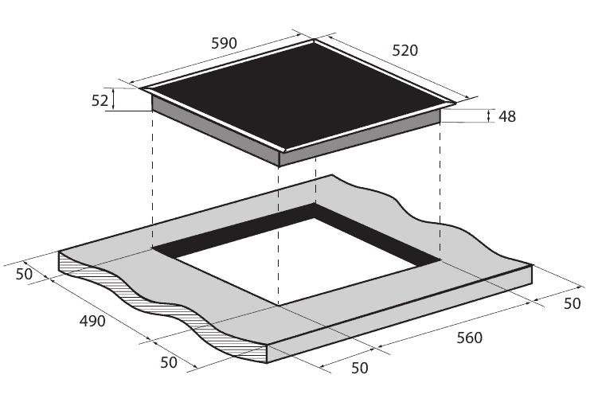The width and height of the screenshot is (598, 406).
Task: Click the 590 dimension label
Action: click(224, 44)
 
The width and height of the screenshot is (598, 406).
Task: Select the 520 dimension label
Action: click(405, 50)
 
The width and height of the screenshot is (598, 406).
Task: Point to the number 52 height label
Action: click(100, 100)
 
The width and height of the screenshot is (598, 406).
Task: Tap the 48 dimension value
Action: click(507, 116)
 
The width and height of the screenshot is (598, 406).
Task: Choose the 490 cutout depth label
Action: click(92, 321)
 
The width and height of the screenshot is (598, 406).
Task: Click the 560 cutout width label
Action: click(470, 338)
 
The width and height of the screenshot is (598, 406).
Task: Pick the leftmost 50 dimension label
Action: click(24, 274)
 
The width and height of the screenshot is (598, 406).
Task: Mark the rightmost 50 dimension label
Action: click(572, 303)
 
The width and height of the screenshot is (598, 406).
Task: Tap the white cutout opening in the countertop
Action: click(301, 263)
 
